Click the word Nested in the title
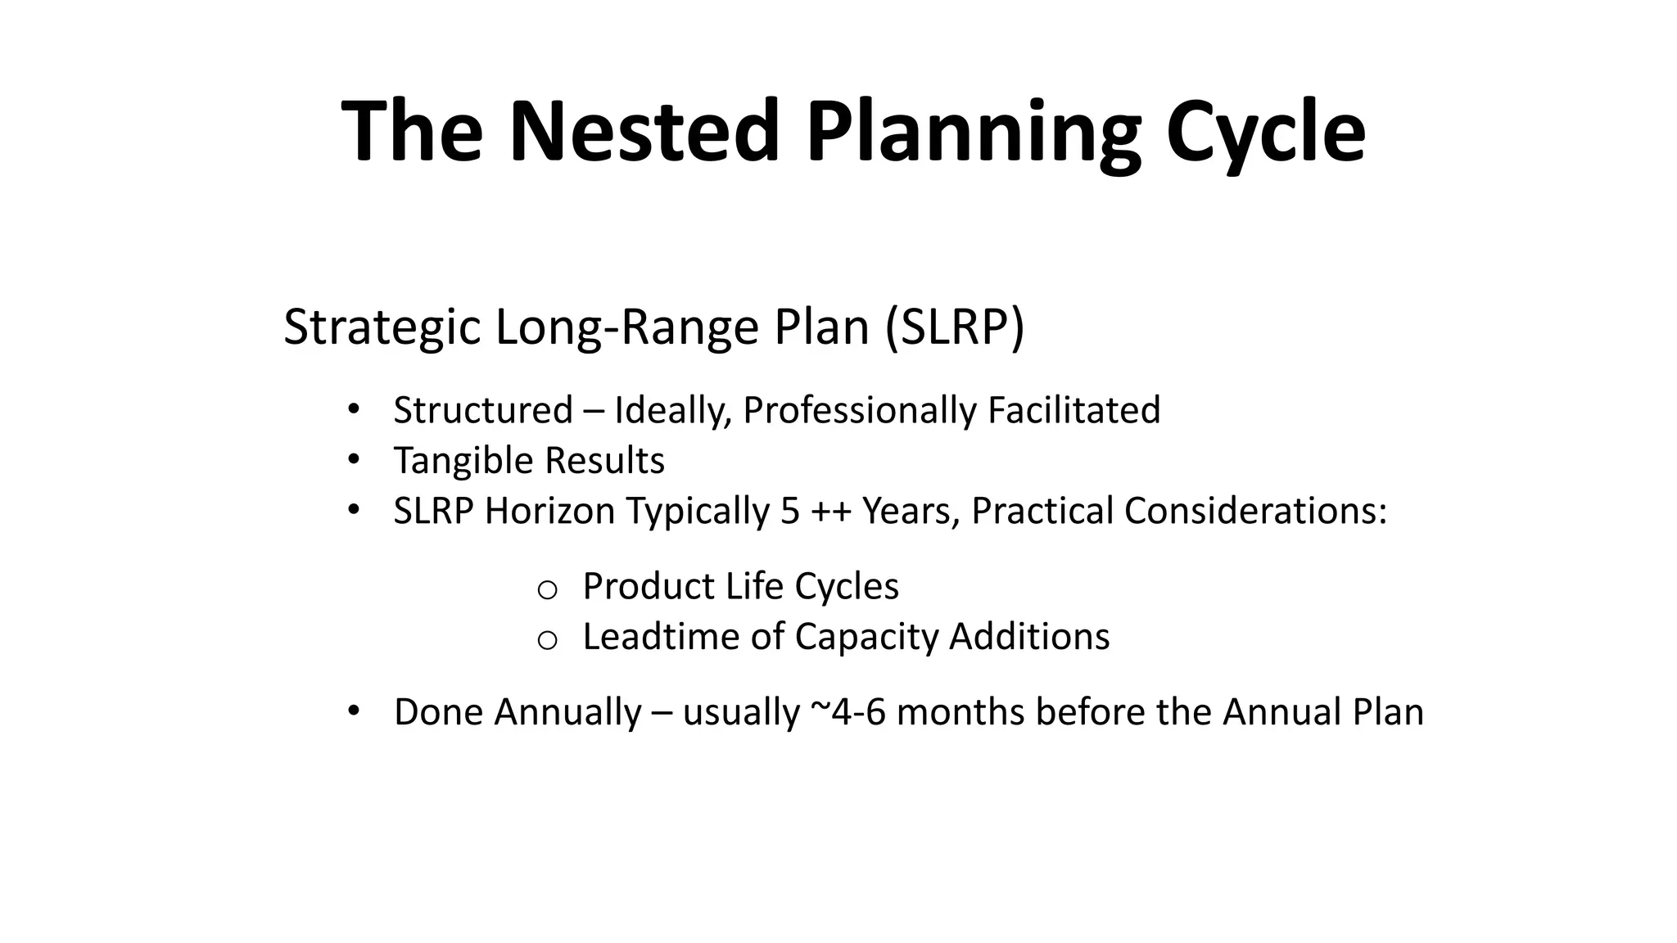[643, 131]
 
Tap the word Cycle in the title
[1265, 131]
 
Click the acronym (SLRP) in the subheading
[954, 327]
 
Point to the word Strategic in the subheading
[382, 327]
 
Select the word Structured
[482, 410]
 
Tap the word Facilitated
[1074, 410]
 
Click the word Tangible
[463, 460]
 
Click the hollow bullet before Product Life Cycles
[547, 589]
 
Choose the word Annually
[567, 711]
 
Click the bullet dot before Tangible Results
[353, 459]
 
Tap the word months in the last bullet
[960, 711]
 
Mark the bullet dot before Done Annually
[353, 711]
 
